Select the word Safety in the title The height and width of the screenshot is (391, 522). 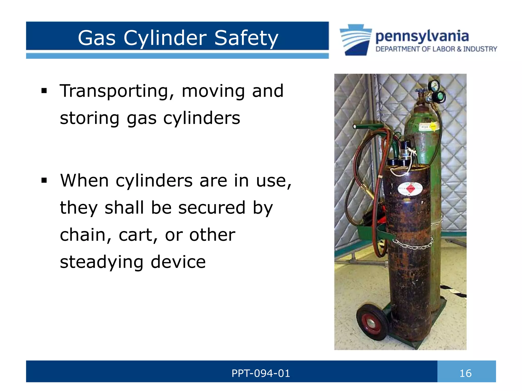coord(246,38)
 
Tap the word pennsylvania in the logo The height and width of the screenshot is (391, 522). coord(422,36)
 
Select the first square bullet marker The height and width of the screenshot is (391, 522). coord(44,91)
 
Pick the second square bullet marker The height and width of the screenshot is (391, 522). coord(44,180)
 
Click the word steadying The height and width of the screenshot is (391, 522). coord(101,262)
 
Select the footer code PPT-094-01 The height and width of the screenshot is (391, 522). coord(260,373)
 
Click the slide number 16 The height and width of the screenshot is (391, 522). coord(465,373)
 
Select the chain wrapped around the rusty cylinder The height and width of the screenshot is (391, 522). coord(413,244)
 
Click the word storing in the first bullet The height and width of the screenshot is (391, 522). coord(90,118)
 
